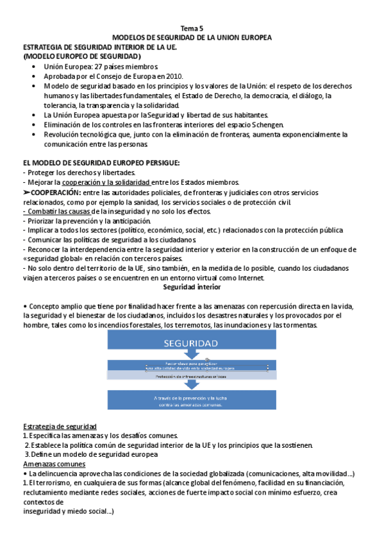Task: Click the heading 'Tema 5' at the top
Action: pos(192,29)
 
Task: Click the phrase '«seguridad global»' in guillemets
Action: pos(51,258)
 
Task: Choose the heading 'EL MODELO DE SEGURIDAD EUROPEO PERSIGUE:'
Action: pos(101,163)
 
